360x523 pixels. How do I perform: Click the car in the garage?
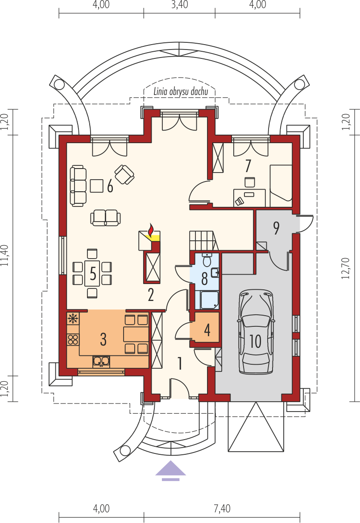256,332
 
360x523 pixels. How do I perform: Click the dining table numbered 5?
92,273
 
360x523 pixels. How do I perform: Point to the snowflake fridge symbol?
73,318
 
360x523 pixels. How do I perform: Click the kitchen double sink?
101,361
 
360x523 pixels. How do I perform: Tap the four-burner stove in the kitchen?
73,340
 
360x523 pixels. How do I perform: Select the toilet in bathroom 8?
207,259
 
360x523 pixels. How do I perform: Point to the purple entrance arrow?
170,470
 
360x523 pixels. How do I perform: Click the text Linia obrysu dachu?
181,91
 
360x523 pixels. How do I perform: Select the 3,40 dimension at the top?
179,4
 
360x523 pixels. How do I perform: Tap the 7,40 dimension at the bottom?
222,508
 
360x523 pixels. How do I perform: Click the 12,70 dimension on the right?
346,268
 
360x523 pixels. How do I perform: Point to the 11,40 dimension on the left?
4,255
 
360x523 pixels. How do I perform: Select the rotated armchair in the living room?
124,174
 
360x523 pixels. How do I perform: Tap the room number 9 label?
276,228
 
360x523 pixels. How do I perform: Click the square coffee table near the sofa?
97,186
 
